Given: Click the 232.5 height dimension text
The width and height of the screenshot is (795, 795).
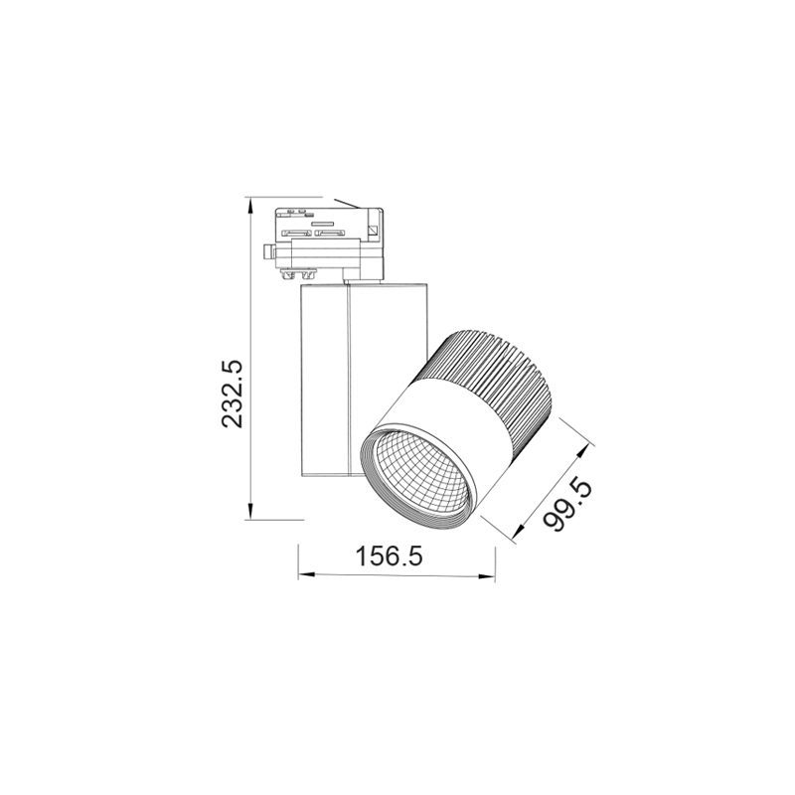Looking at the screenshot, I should pyautogui.click(x=232, y=394).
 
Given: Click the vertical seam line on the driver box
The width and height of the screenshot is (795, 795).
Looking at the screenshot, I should pyautogui.click(x=349, y=378).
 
